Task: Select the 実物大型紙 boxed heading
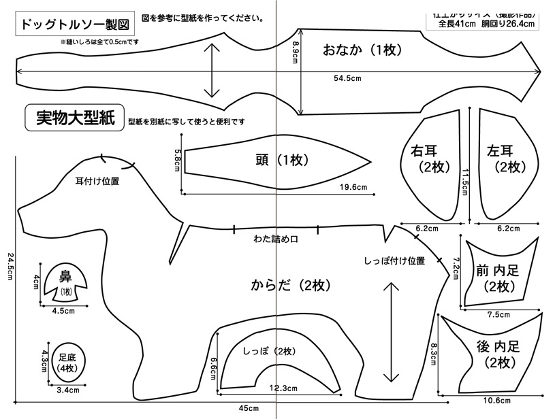tap(73, 118)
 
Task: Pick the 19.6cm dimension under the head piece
tap(353, 188)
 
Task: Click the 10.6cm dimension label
tap(496, 400)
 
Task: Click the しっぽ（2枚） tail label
tap(268, 351)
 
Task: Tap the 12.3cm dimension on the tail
tap(283, 388)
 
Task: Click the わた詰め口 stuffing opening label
tap(276, 239)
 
